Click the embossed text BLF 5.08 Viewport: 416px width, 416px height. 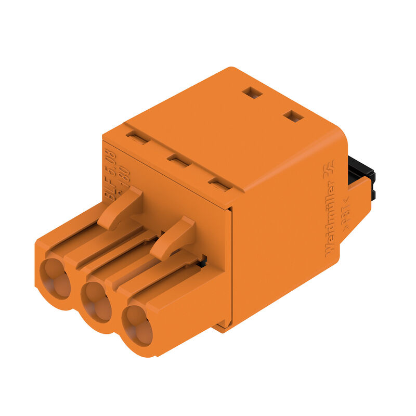point(110,172)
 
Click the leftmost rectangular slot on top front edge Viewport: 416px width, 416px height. point(138,138)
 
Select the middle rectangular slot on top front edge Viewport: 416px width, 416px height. point(178,161)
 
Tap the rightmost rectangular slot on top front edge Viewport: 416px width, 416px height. point(219,184)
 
